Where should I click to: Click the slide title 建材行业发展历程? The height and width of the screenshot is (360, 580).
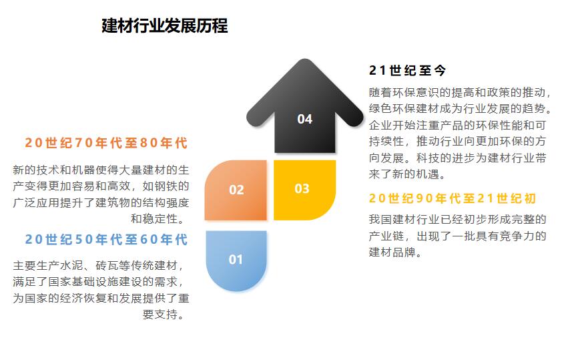click(x=165, y=25)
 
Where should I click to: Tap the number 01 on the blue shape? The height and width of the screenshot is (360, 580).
click(x=236, y=260)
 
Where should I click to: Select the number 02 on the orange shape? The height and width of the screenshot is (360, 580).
click(x=236, y=190)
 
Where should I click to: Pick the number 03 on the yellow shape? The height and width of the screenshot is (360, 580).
click(x=302, y=189)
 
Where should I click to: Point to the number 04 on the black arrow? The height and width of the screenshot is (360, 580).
click(x=305, y=119)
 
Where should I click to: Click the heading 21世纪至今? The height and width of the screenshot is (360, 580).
click(x=407, y=70)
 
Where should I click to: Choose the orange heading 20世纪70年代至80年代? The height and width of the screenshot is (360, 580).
click(x=106, y=143)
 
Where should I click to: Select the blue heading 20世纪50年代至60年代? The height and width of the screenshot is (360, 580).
click(x=106, y=239)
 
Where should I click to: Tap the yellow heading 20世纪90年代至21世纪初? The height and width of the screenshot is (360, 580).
click(x=453, y=198)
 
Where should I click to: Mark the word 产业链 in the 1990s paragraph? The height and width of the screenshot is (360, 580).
click(x=386, y=236)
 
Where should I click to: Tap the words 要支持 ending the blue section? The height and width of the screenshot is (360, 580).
click(x=160, y=315)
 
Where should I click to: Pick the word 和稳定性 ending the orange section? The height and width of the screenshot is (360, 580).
click(x=154, y=218)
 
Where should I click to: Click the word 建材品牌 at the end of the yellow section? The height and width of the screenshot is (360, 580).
click(x=392, y=252)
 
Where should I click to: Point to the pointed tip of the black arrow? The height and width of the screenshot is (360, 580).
click(x=305, y=60)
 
